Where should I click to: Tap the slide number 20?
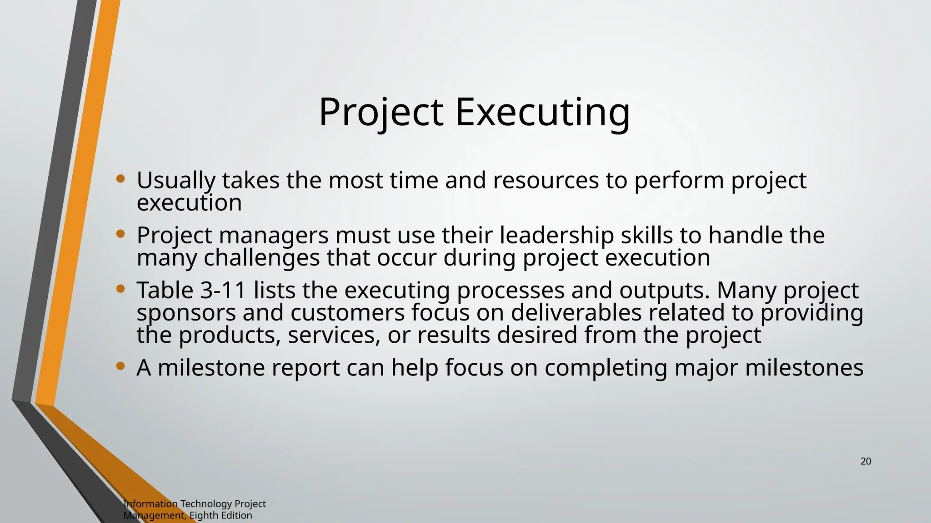(x=866, y=461)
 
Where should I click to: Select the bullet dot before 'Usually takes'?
(x=120, y=179)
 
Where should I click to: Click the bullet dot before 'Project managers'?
(x=120, y=234)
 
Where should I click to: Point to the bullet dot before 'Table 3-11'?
(x=120, y=289)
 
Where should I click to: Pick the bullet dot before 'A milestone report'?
(x=120, y=366)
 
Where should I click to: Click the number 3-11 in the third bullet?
(x=223, y=290)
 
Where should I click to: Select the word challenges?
(x=261, y=258)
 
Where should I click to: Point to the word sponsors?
(x=186, y=313)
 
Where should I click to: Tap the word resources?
(x=546, y=181)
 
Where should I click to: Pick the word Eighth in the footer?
(x=204, y=515)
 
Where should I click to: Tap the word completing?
(x=606, y=368)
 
